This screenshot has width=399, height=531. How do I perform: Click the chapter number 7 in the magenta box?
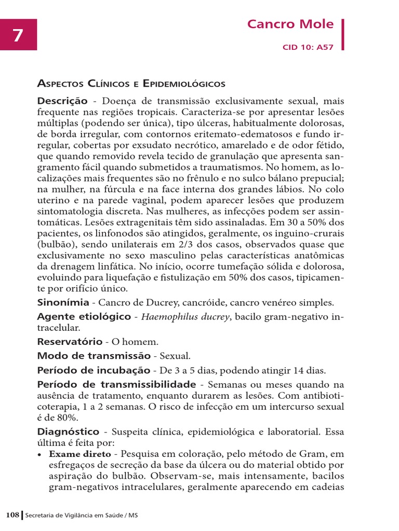pyautogui.click(x=18, y=36)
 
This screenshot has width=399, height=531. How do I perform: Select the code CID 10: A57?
pyautogui.click(x=308, y=47)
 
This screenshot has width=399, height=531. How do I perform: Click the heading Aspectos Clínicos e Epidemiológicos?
pyautogui.click(x=131, y=83)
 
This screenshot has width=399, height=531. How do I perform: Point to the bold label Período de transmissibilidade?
pyautogui.click(x=116, y=384)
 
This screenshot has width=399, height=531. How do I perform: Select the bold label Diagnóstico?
pyautogui.click(x=68, y=431)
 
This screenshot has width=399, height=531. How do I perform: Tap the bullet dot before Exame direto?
pyautogui.click(x=40, y=454)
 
